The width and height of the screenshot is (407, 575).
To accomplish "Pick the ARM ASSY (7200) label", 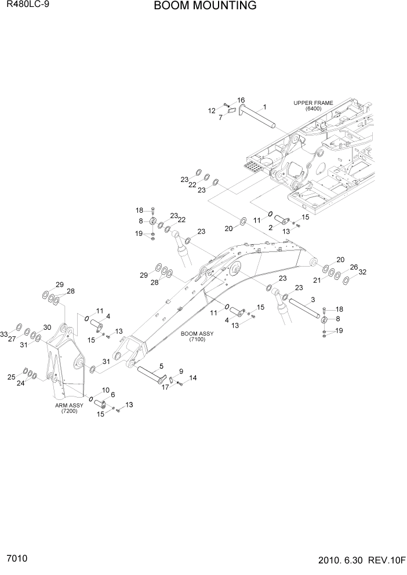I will click(x=70, y=408).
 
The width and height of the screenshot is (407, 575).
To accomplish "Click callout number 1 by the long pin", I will click(x=264, y=107).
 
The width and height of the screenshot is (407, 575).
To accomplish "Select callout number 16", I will click(x=241, y=100).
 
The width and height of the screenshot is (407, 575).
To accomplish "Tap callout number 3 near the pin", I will click(x=312, y=299).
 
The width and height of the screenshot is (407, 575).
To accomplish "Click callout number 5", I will click(x=161, y=366).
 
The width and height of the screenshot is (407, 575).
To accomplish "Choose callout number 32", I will click(x=363, y=272).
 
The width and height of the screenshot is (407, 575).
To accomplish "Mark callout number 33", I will click(x=5, y=334).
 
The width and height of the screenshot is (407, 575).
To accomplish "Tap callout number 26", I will click(x=354, y=267).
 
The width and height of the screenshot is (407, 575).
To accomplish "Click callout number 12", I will click(x=212, y=110).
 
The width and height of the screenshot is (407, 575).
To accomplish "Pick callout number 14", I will click(x=192, y=378).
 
